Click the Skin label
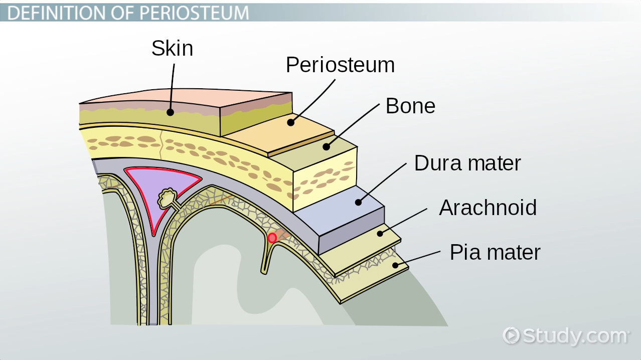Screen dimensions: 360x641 click(x=172, y=49)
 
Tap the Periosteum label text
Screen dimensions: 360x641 click(x=340, y=65)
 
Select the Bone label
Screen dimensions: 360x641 click(x=410, y=106)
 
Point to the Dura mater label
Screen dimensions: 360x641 click(x=467, y=163)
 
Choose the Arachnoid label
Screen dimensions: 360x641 click(x=488, y=208)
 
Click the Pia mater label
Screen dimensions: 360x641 click(x=495, y=252)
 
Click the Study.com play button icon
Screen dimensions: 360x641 click(x=511, y=335)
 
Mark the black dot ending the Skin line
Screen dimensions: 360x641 click(x=171, y=112)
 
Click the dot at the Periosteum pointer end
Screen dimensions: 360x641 click(x=290, y=122)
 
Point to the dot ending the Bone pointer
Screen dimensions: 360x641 click(x=326, y=147)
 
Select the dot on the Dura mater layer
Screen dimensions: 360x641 click(x=358, y=202)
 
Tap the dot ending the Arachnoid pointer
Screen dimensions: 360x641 click(x=380, y=233)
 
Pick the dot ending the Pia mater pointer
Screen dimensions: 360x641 click(x=395, y=265)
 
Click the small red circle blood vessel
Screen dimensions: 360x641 click(x=272, y=238)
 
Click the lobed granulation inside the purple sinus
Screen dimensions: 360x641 click(x=168, y=199)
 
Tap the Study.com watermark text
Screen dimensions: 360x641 click(x=575, y=335)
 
